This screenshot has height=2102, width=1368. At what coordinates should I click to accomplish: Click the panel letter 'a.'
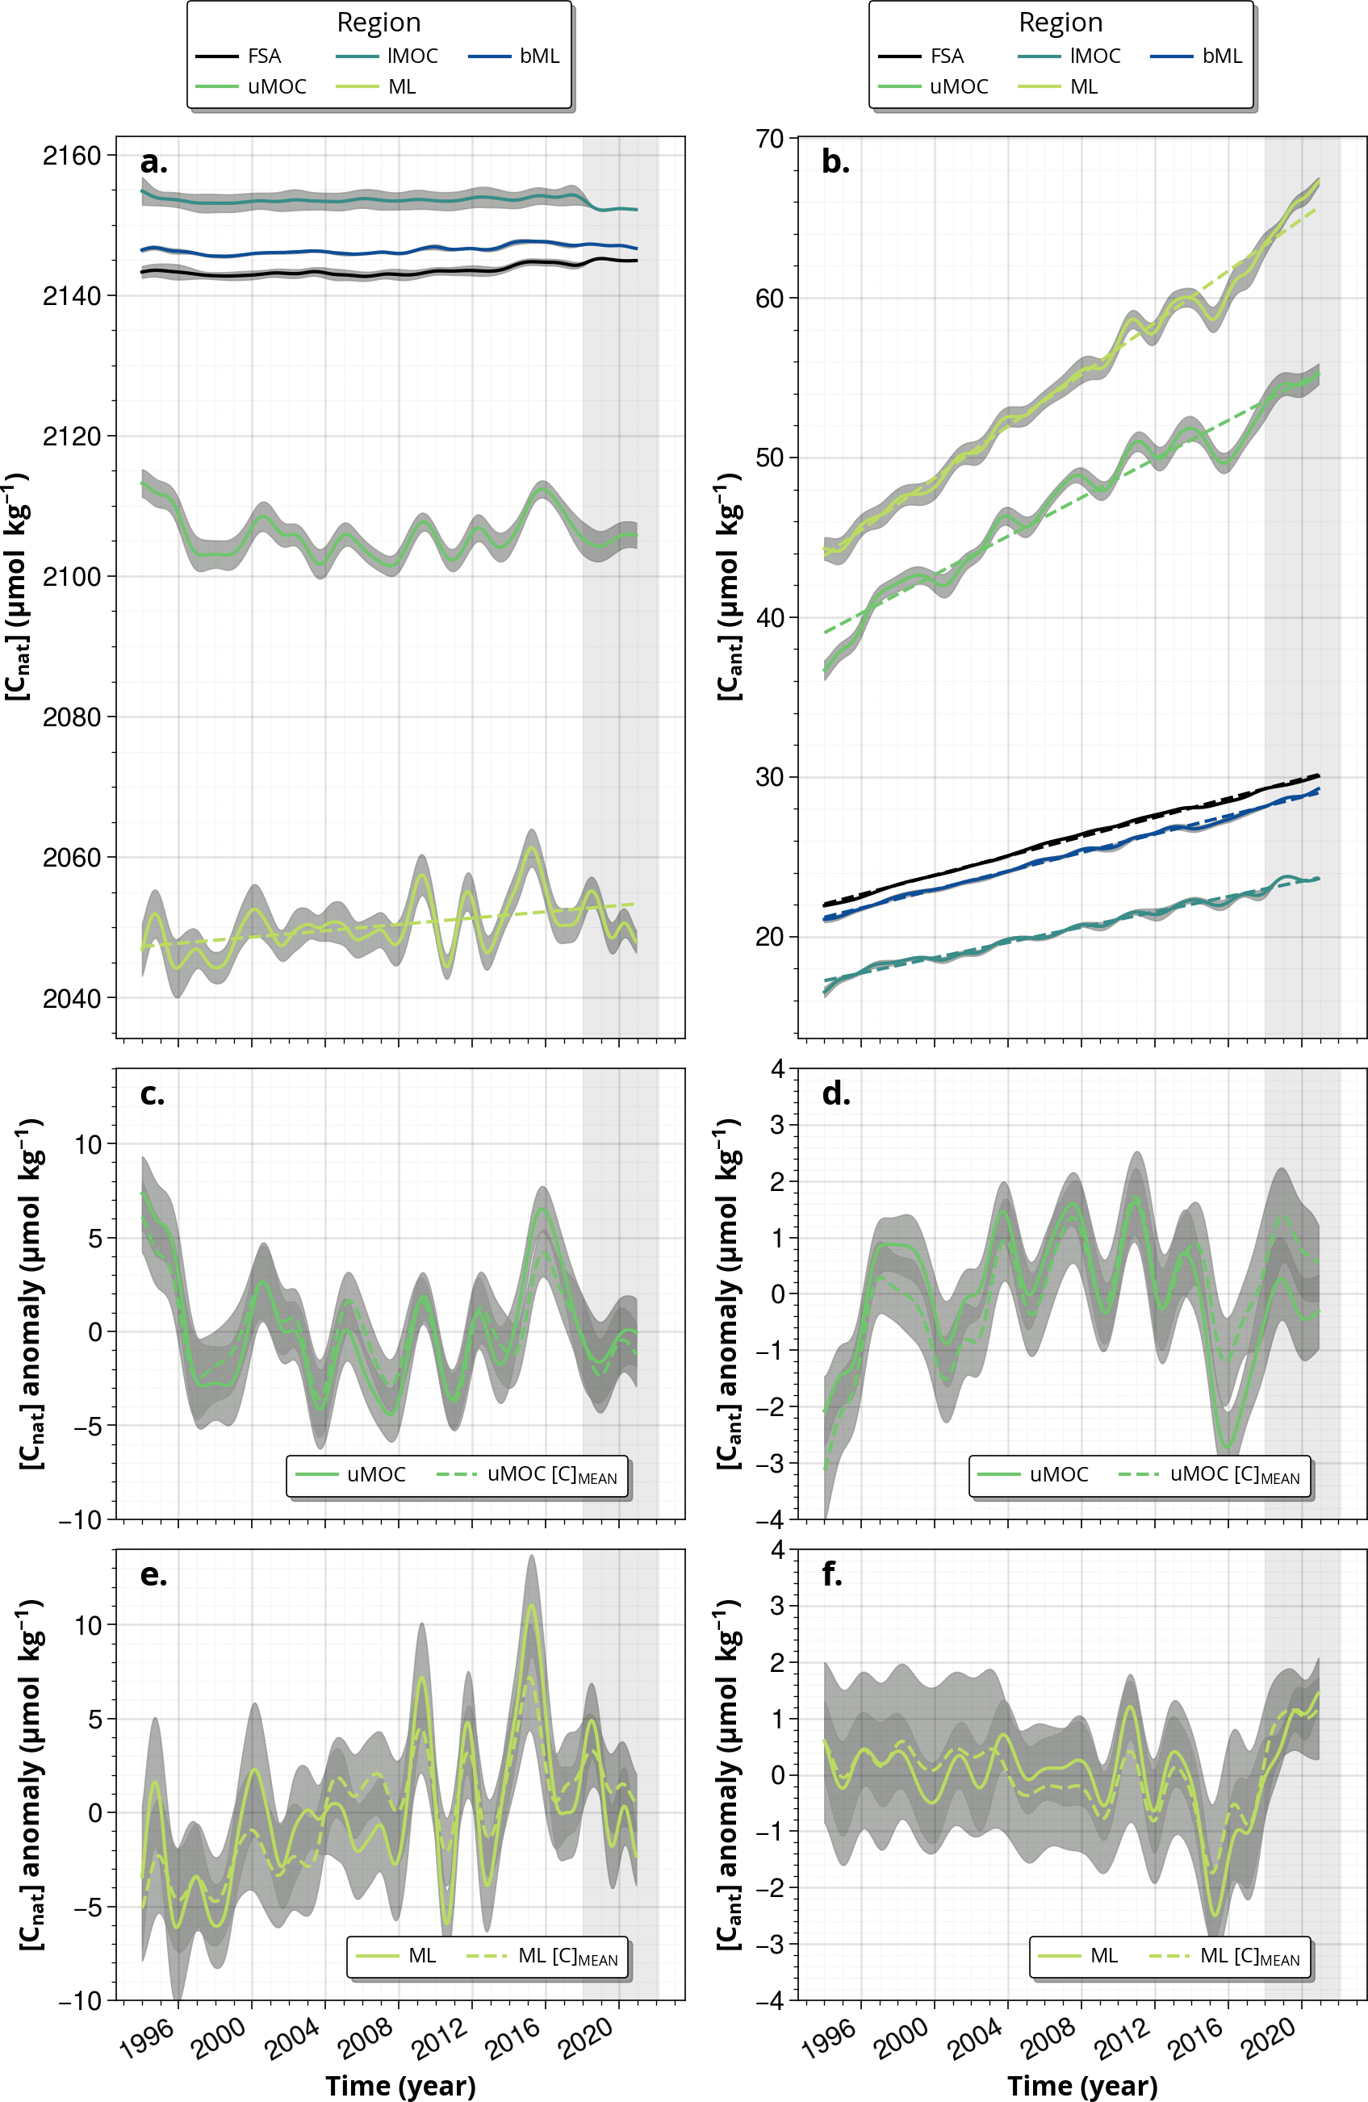coord(153,162)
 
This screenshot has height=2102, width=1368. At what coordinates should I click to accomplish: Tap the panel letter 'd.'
coord(835,1094)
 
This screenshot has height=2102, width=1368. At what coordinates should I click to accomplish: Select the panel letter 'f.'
coord(832,1575)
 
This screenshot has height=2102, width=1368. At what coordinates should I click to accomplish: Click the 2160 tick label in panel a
coord(72,157)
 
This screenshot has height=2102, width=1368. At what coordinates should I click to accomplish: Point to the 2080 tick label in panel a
coord(72,717)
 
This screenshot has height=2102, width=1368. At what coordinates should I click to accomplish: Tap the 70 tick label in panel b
coord(769,139)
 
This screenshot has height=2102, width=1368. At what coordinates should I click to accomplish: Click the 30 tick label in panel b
coord(769,777)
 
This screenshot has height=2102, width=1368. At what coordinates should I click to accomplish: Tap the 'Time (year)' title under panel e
coord(400,2085)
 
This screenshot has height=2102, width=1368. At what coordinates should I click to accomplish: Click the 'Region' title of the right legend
coord(1060,22)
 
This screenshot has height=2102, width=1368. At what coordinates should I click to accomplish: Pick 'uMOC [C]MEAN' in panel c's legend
coord(551,1474)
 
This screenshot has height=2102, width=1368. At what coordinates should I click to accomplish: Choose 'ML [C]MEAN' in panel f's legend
coord(1249,1956)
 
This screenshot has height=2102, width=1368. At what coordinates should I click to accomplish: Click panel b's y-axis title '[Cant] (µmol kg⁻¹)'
coord(729,587)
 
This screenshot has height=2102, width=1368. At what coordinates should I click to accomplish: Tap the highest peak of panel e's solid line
coord(531,1606)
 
